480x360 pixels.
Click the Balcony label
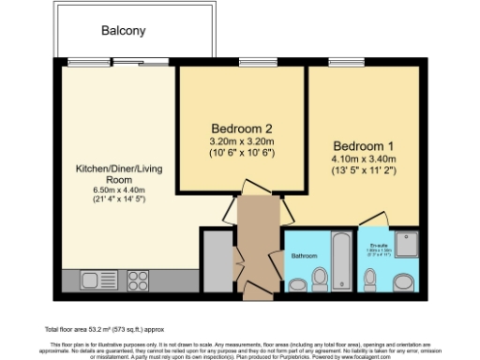pos(124,31)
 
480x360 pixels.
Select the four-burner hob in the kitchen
pos(138,278)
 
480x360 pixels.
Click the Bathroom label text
pos(304,256)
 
